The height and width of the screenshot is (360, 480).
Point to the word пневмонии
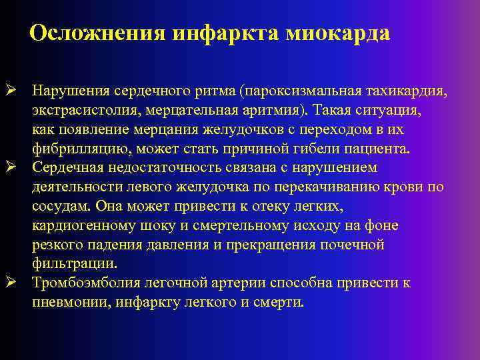[x=71, y=303]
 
